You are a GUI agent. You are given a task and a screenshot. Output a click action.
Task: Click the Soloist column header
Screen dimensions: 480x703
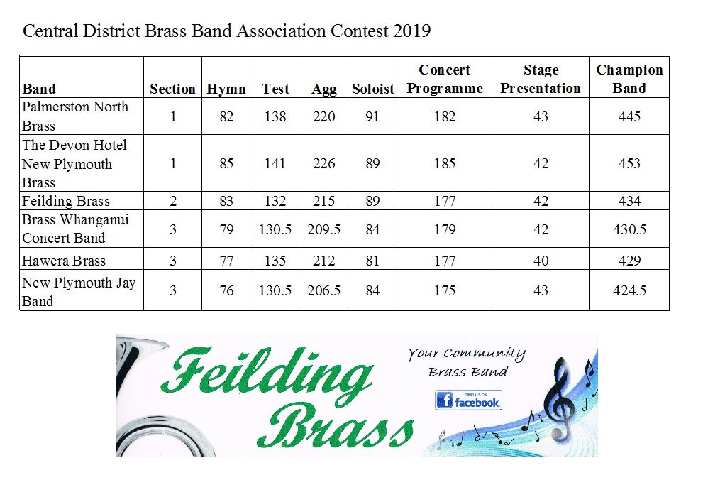pyautogui.click(x=372, y=89)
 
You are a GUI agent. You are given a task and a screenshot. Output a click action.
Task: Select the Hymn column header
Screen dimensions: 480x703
pyautogui.click(x=226, y=89)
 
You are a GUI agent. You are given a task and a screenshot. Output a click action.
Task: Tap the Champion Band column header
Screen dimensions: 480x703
pyautogui.click(x=629, y=79)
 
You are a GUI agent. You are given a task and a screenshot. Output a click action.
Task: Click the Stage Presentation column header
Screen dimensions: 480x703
pyautogui.click(x=541, y=79)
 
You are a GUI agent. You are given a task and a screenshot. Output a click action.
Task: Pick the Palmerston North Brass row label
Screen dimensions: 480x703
pyautogui.click(x=74, y=116)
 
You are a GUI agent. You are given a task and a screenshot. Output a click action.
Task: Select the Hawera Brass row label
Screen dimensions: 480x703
pyautogui.click(x=65, y=261)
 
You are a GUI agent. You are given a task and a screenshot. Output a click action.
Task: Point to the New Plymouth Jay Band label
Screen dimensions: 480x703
pyautogui.click(x=78, y=291)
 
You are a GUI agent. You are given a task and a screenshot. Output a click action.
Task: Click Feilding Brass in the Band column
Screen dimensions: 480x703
pyautogui.click(x=66, y=201)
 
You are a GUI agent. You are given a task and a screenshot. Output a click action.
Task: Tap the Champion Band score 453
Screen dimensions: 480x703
pyautogui.click(x=629, y=163)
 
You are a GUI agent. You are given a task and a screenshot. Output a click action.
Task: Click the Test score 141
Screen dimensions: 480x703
pyautogui.click(x=275, y=163)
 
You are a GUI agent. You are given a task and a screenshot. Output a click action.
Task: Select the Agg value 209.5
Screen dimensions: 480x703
pyautogui.click(x=324, y=229)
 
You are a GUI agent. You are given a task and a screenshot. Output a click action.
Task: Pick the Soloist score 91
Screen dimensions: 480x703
pyautogui.click(x=372, y=116)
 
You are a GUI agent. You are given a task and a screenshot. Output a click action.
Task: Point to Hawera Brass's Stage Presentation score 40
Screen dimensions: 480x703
pyautogui.click(x=541, y=261)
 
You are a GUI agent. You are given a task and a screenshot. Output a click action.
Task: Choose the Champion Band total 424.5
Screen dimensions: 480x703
pyautogui.click(x=629, y=290)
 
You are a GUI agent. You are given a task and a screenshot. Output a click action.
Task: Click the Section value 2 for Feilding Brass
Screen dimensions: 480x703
pyautogui.click(x=173, y=201)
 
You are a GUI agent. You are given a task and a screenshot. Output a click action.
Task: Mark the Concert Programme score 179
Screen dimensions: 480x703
pyautogui.click(x=445, y=229)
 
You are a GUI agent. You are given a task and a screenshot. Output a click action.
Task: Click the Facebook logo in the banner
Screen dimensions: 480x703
pyautogui.click(x=469, y=400)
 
